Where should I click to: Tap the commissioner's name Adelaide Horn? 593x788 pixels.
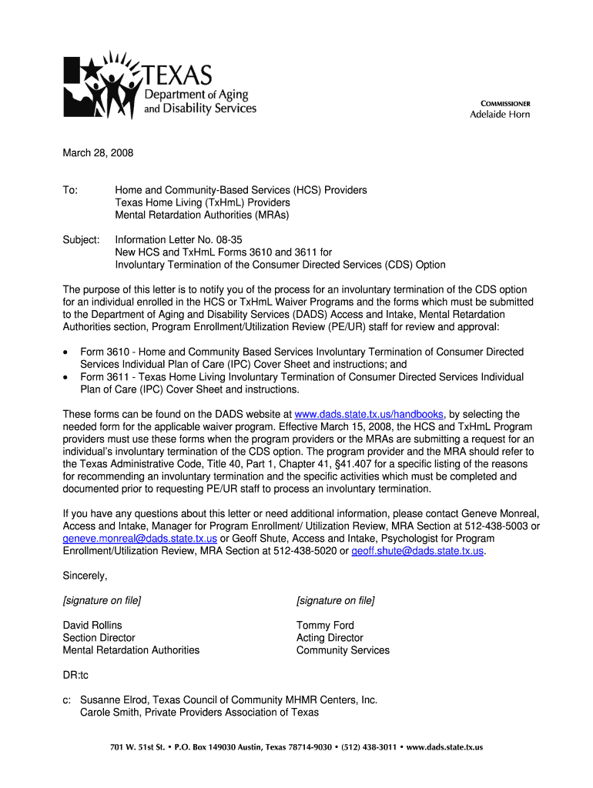(500, 115)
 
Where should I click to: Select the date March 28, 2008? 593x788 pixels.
(98, 153)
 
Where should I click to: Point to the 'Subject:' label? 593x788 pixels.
(81, 240)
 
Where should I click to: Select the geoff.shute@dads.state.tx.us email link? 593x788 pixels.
(417, 551)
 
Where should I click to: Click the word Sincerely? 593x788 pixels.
(85, 576)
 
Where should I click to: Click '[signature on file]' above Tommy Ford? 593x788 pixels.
(335, 600)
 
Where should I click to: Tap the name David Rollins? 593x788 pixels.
(92, 626)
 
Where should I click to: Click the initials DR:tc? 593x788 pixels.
(75, 676)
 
